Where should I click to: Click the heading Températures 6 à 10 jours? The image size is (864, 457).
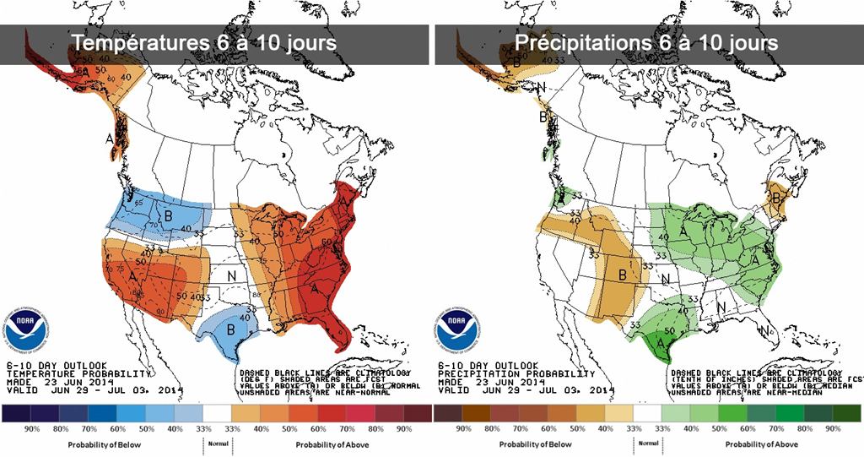point(203,42)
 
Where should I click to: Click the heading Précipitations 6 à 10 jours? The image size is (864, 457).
point(646,42)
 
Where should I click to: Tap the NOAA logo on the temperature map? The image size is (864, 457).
point(27,324)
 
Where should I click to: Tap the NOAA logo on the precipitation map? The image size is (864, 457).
point(456,324)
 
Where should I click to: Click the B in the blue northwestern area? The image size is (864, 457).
point(169,216)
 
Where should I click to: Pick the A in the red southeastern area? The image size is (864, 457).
point(315,289)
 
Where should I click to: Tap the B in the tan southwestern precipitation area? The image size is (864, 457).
point(622,275)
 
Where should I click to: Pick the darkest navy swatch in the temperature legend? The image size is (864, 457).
point(16,413)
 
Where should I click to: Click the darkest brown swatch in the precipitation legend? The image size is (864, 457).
point(448,413)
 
